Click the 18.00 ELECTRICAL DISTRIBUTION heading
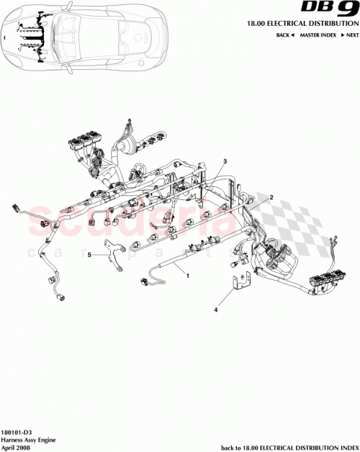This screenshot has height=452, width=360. point(303,24)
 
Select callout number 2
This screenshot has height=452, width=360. point(271,196)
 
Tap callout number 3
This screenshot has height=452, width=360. point(225,161)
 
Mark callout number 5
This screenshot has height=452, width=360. point(90,255)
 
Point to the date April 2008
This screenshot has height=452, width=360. point(16,446)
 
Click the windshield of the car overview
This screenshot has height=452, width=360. point(61,36)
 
